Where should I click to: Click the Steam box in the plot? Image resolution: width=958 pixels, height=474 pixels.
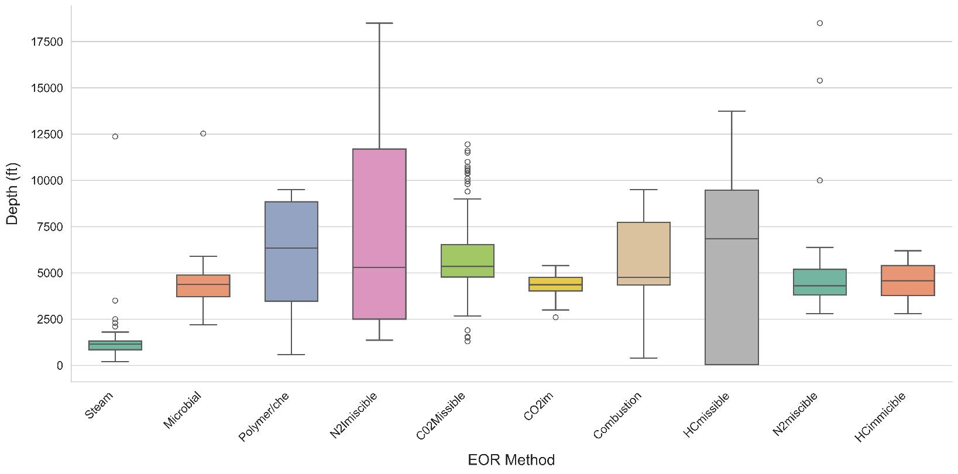click(115, 345)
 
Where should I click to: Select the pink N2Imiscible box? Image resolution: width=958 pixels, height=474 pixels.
click(379, 234)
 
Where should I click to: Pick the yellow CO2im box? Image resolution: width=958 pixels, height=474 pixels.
click(555, 284)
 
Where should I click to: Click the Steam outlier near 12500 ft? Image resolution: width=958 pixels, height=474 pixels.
click(115, 136)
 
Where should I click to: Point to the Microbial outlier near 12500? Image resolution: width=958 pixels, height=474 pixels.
click(203, 133)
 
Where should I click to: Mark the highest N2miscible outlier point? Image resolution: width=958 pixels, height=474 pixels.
click(820, 23)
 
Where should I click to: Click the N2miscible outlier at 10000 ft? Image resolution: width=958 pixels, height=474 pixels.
click(820, 180)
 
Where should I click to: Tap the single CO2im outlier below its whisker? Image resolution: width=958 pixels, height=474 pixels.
click(555, 317)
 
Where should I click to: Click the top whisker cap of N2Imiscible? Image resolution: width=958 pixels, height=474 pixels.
click(379, 23)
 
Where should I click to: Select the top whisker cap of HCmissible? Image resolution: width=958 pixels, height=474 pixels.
click(732, 111)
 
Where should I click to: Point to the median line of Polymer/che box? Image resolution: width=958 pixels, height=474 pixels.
click(291, 248)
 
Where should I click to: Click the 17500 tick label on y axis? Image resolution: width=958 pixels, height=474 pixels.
click(47, 42)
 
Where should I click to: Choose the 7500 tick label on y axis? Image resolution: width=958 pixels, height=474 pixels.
click(50, 226)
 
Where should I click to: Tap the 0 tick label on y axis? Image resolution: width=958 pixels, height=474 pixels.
click(60, 365)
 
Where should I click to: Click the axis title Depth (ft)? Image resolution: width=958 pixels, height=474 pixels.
click(12, 194)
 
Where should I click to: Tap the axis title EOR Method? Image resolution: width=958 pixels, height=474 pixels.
click(511, 460)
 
